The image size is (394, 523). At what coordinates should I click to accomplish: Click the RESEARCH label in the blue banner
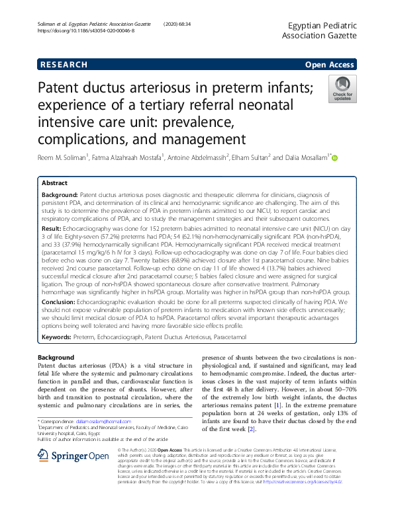click(63, 65)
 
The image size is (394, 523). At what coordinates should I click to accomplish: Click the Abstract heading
click(54, 182)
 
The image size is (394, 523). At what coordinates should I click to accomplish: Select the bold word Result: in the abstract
click(52, 228)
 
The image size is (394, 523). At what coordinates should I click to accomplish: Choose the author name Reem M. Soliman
click(62, 158)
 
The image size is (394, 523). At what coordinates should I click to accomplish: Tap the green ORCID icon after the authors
click(334, 158)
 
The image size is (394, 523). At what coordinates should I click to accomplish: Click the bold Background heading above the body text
click(56, 358)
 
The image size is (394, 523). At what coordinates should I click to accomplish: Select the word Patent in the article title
click(63, 88)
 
